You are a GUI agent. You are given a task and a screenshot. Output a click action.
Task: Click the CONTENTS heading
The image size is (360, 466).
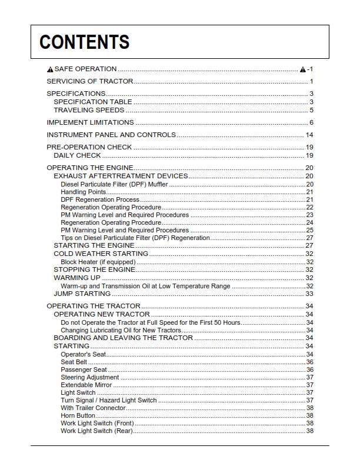(x=84, y=42)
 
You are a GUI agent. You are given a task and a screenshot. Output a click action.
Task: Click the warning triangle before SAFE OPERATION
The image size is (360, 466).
(x=50, y=69)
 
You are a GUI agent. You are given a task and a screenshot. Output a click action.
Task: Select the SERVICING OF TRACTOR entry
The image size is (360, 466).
(x=90, y=81)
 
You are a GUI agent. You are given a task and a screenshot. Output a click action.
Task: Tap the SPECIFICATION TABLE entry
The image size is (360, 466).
(x=93, y=102)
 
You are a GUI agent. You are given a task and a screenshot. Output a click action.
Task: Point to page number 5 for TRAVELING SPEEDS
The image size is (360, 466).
(x=311, y=110)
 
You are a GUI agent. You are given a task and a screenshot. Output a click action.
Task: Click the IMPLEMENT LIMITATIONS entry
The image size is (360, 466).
(x=90, y=122)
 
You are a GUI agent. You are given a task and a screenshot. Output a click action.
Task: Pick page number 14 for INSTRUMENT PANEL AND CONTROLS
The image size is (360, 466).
(x=309, y=135)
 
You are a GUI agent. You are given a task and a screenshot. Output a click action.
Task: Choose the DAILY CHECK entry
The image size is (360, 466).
(x=77, y=155)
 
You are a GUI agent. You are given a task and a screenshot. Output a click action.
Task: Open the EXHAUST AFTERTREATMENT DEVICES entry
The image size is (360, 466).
(x=121, y=176)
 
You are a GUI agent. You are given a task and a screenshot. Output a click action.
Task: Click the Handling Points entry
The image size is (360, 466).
(x=84, y=192)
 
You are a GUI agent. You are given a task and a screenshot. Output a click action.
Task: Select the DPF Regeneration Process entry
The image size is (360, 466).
(x=92, y=199)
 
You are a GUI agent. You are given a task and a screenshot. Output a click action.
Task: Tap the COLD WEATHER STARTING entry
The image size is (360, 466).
(x=101, y=254)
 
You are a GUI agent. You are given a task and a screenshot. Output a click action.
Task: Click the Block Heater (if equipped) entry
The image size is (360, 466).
(x=98, y=262)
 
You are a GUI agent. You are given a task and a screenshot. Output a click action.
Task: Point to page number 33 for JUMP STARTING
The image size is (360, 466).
(x=309, y=294)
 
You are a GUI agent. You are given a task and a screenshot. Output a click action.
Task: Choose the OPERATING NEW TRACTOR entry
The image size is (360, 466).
(x=99, y=314)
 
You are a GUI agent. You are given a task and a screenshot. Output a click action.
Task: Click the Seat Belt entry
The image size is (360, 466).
(x=74, y=362)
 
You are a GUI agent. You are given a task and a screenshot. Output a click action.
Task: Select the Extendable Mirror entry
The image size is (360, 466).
(x=86, y=385)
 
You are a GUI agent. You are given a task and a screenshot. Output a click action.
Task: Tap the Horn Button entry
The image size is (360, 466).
(x=78, y=415)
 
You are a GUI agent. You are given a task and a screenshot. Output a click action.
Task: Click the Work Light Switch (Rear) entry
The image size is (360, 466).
(x=96, y=431)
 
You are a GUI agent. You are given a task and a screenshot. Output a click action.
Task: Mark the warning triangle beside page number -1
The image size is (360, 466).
(x=303, y=69)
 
